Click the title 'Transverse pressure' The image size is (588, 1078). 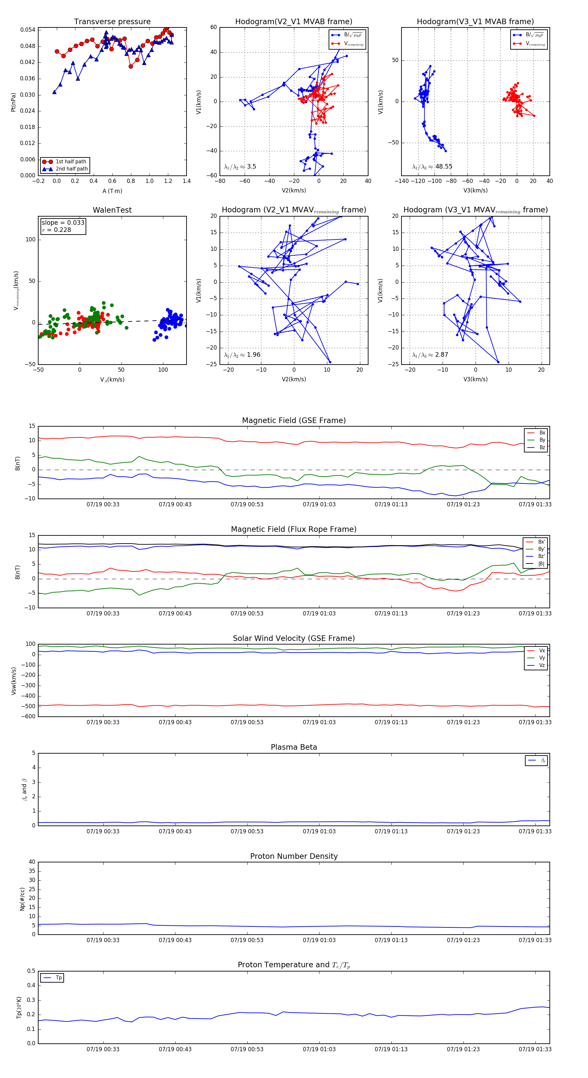[112, 22]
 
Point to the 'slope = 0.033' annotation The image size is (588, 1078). [63, 223]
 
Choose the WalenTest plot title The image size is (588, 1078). [112, 210]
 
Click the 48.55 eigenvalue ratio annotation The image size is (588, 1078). [444, 167]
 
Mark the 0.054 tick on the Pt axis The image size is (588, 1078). [28, 30]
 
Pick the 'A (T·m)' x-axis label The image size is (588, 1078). [112, 191]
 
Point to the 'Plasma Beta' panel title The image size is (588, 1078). [294, 747]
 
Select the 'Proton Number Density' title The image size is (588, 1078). [294, 856]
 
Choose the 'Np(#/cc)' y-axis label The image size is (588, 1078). [22, 899]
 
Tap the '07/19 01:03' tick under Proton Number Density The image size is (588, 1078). [319, 940]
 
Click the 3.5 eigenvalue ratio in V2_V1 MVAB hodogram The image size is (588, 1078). [252, 167]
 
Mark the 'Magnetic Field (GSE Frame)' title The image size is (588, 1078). [294, 420]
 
